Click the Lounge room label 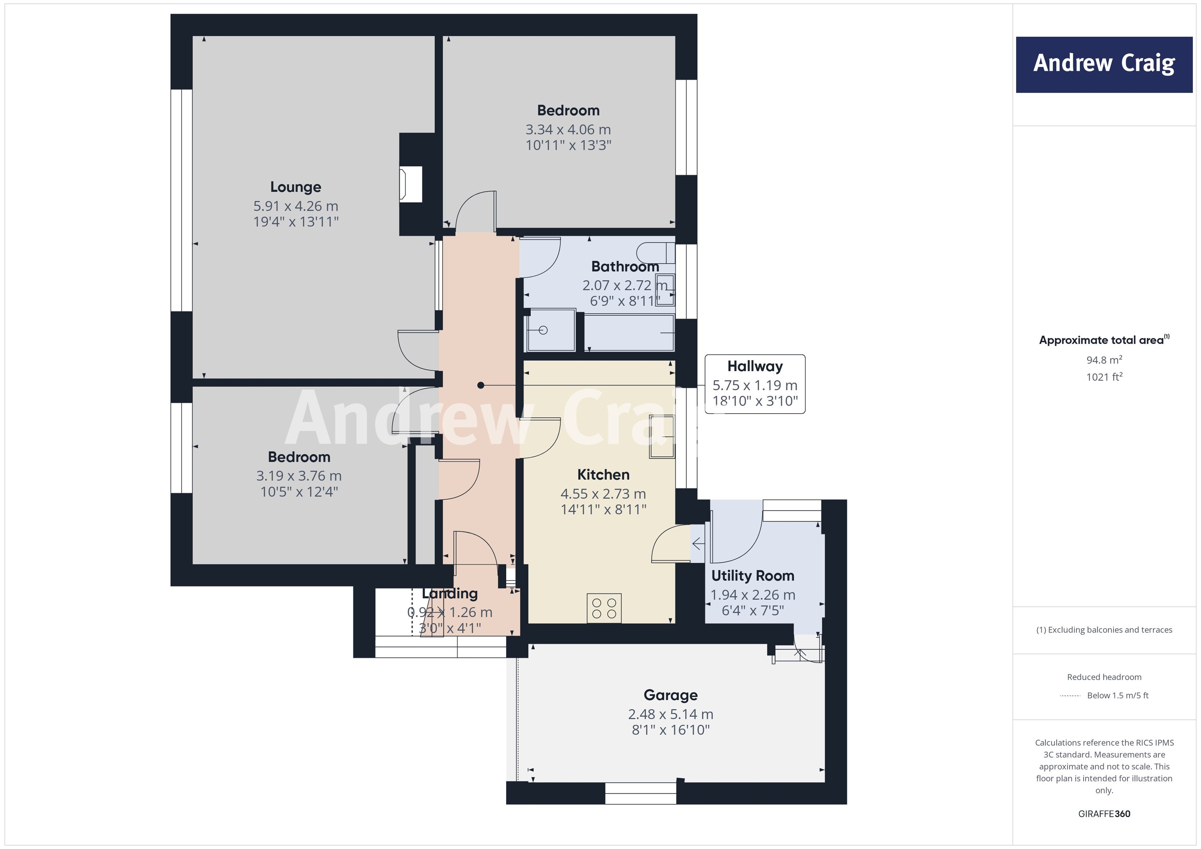point(296,187)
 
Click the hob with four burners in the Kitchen point(604,608)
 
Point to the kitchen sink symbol point(662,437)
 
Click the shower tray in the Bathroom point(550,330)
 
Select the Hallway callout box point(754,384)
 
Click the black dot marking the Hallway point(481,385)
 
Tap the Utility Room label point(752,575)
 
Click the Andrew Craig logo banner point(1104,64)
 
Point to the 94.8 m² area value point(1104,360)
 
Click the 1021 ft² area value point(1104,377)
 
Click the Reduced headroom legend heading point(1104,677)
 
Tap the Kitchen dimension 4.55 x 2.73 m point(603,494)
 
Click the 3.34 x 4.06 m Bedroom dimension point(568,129)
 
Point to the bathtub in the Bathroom point(629,333)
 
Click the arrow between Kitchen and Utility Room point(697,544)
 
